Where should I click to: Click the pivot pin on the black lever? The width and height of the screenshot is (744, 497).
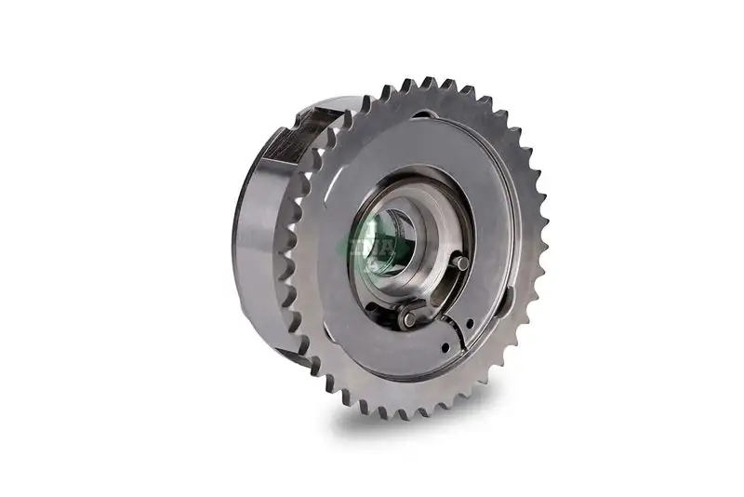(408, 319)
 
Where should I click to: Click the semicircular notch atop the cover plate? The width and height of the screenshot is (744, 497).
(424, 116)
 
